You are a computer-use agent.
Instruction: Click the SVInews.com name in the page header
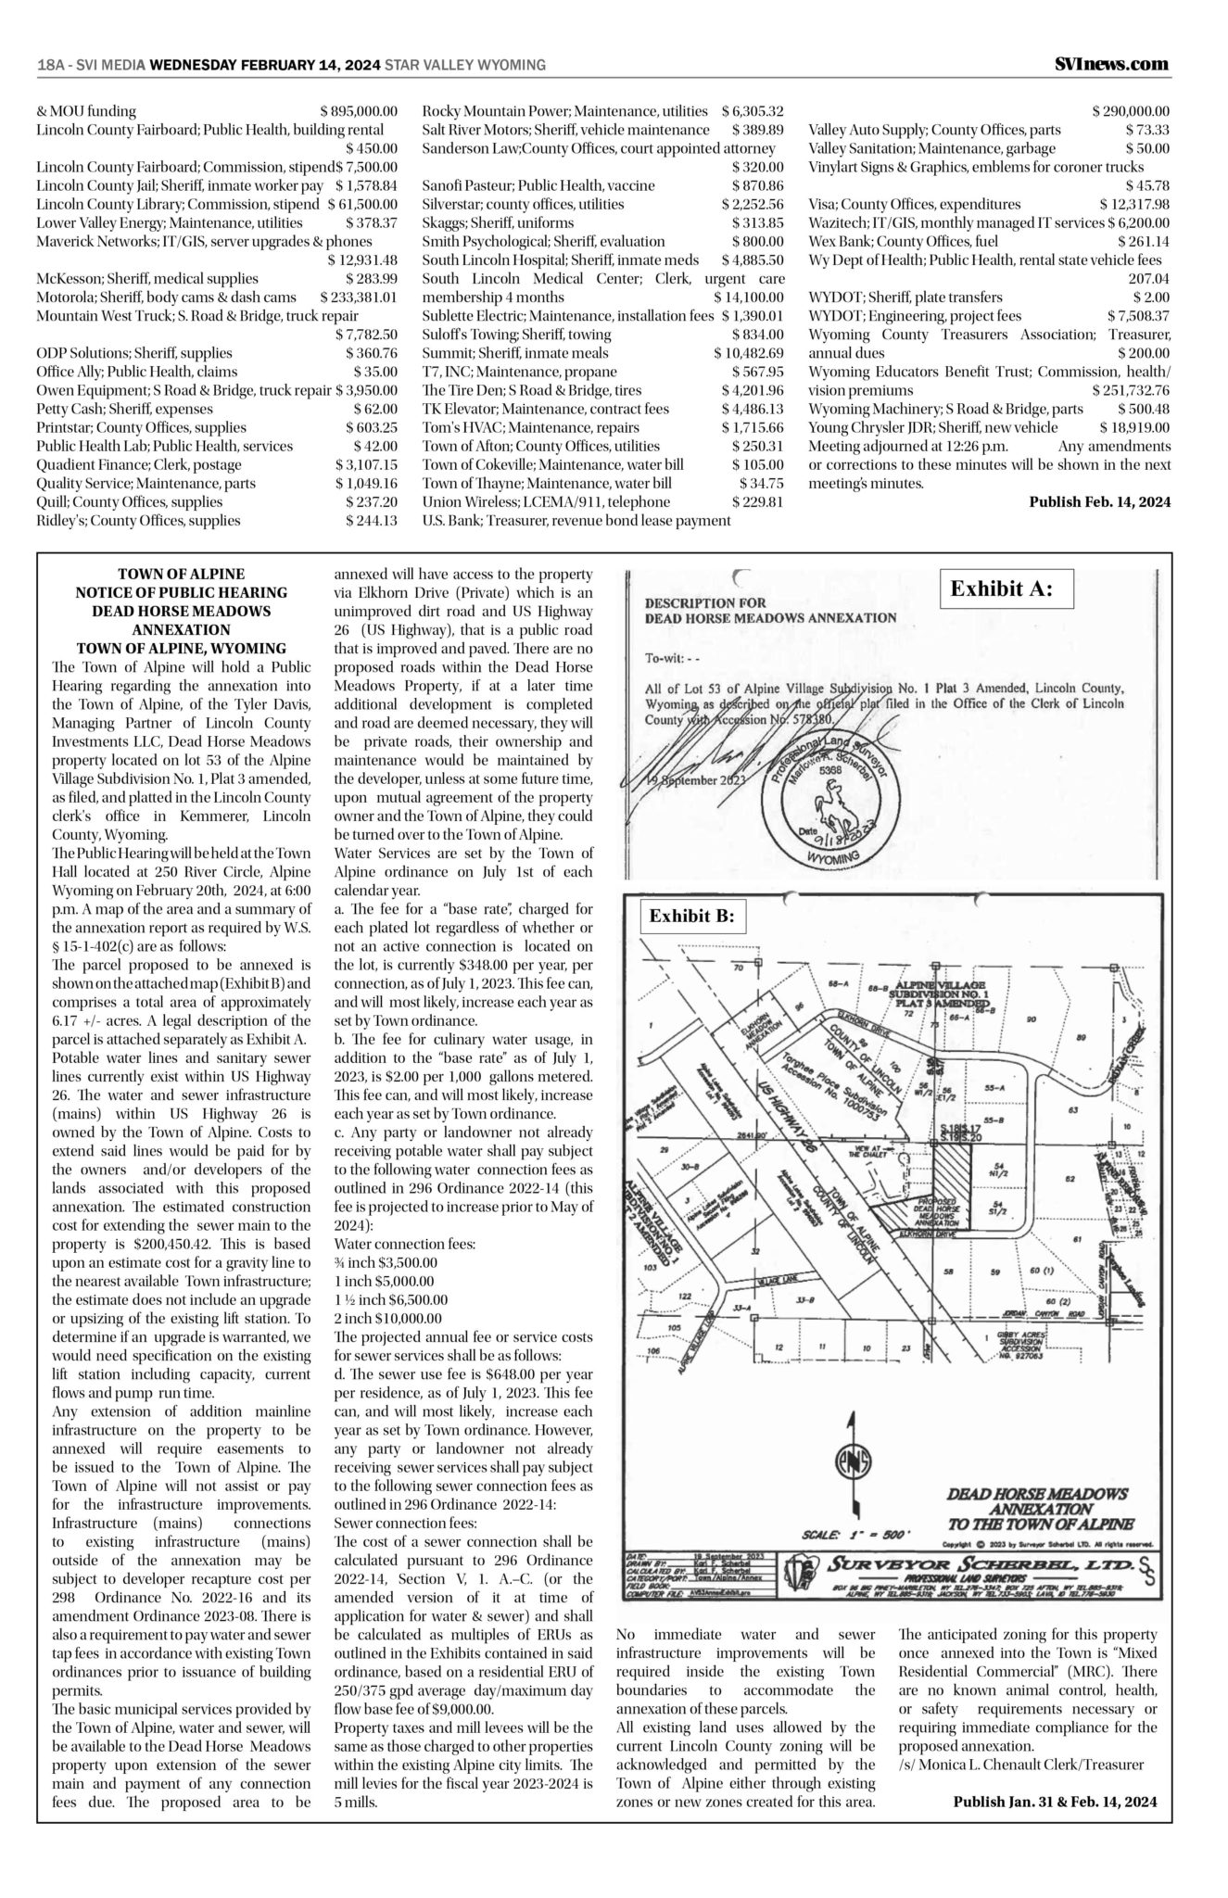1111,64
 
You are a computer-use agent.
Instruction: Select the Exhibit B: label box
690,916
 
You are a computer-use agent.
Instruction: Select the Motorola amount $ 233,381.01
359,297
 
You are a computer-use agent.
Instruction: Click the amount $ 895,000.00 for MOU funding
359,111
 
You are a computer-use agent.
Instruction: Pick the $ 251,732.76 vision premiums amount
1131,390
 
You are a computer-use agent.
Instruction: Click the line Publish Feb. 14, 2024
1100,502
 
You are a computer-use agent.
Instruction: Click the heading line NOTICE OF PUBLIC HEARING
181,592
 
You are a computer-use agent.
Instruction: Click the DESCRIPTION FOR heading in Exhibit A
705,602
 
